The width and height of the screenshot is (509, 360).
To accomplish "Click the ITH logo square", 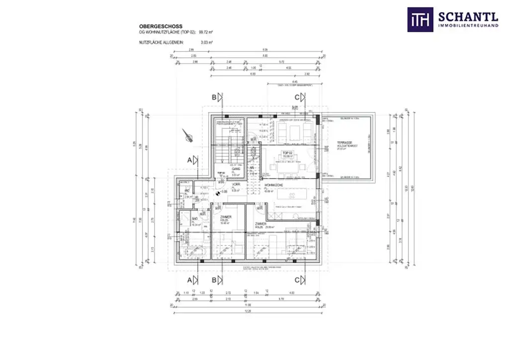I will click(420, 19).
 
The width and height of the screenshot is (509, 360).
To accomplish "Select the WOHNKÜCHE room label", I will click(273, 185).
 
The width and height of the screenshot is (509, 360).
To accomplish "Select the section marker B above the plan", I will click(214, 97).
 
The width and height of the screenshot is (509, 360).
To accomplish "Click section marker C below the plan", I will click(297, 280).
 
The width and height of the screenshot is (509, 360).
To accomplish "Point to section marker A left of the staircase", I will click(189, 160).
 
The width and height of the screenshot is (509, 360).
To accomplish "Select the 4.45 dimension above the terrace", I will click(295, 82).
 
